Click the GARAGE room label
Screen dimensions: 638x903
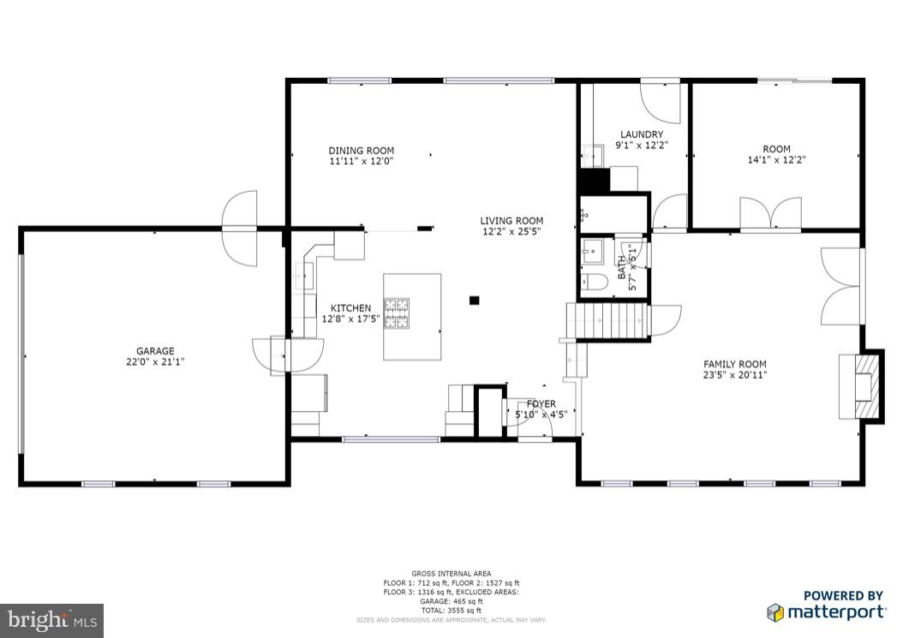155,351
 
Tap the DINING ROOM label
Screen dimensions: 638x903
361,151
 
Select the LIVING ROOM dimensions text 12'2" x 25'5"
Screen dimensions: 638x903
511,231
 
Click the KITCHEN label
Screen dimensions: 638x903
351,308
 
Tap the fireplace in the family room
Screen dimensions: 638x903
859,387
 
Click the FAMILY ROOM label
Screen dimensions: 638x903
735,363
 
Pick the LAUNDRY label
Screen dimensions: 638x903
642,134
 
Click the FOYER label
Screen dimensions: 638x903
541,404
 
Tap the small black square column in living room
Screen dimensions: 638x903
474,300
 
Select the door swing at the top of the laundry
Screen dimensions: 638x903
661,101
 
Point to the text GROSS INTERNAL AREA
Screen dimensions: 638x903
451,573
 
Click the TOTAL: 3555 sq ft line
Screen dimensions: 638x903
451,611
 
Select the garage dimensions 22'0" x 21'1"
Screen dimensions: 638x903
155,361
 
